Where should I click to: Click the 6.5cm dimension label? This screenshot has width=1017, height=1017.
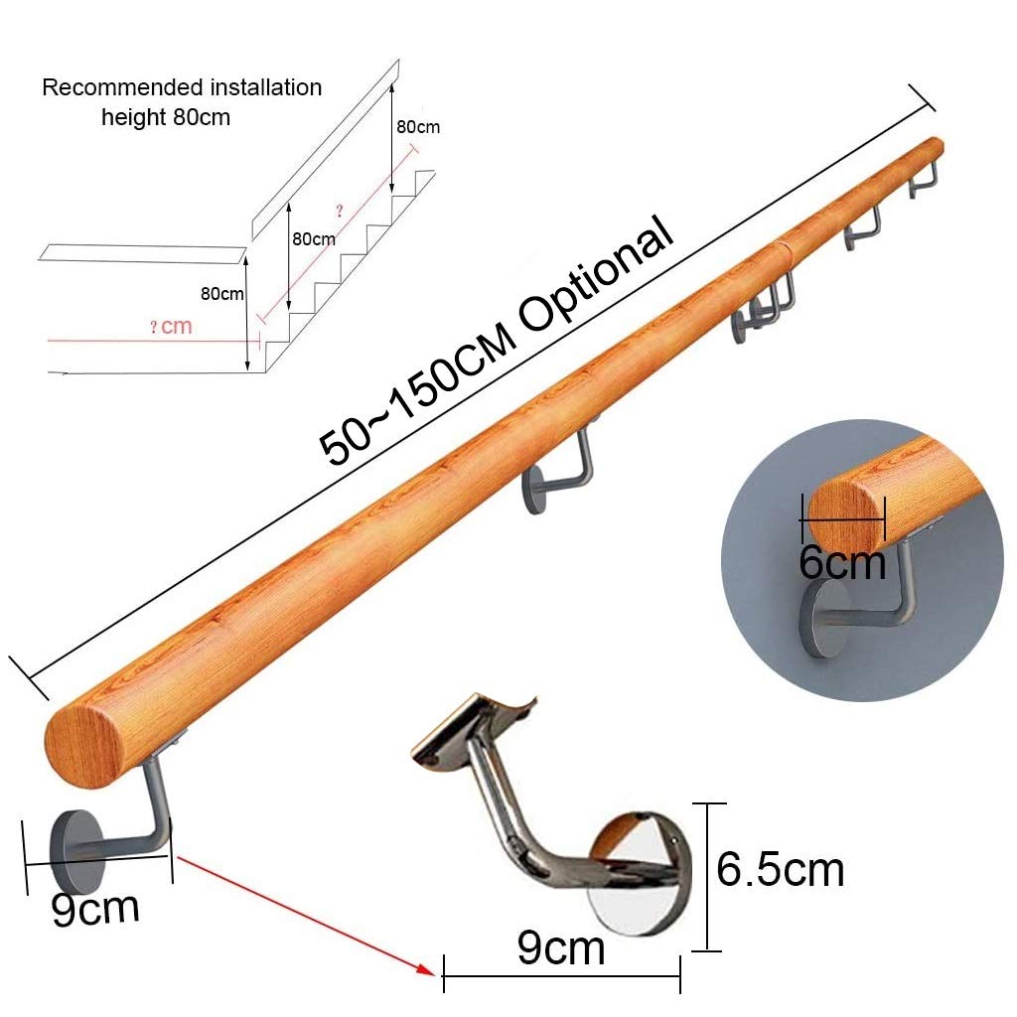pyautogui.click(x=781, y=869)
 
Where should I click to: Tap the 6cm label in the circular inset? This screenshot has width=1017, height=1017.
pyautogui.click(x=841, y=563)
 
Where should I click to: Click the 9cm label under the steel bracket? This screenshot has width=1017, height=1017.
pyautogui.click(x=561, y=948)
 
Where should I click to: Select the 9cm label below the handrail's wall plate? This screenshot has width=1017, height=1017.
pyautogui.click(x=95, y=908)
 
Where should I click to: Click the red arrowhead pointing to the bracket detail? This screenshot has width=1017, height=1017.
pyautogui.click(x=428, y=971)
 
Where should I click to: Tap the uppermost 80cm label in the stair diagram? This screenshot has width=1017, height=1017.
pyautogui.click(x=417, y=127)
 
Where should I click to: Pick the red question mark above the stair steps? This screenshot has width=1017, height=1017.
pyautogui.click(x=340, y=211)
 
